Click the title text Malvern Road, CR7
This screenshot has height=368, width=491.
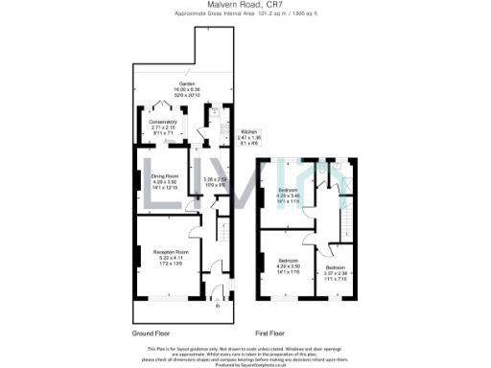(x=245, y=5)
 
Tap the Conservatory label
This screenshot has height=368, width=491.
(x=161, y=122)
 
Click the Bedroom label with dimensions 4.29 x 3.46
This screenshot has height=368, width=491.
(x=289, y=190)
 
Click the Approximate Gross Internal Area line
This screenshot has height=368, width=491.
(x=245, y=14)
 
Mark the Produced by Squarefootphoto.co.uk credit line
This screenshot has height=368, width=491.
(x=245, y=364)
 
